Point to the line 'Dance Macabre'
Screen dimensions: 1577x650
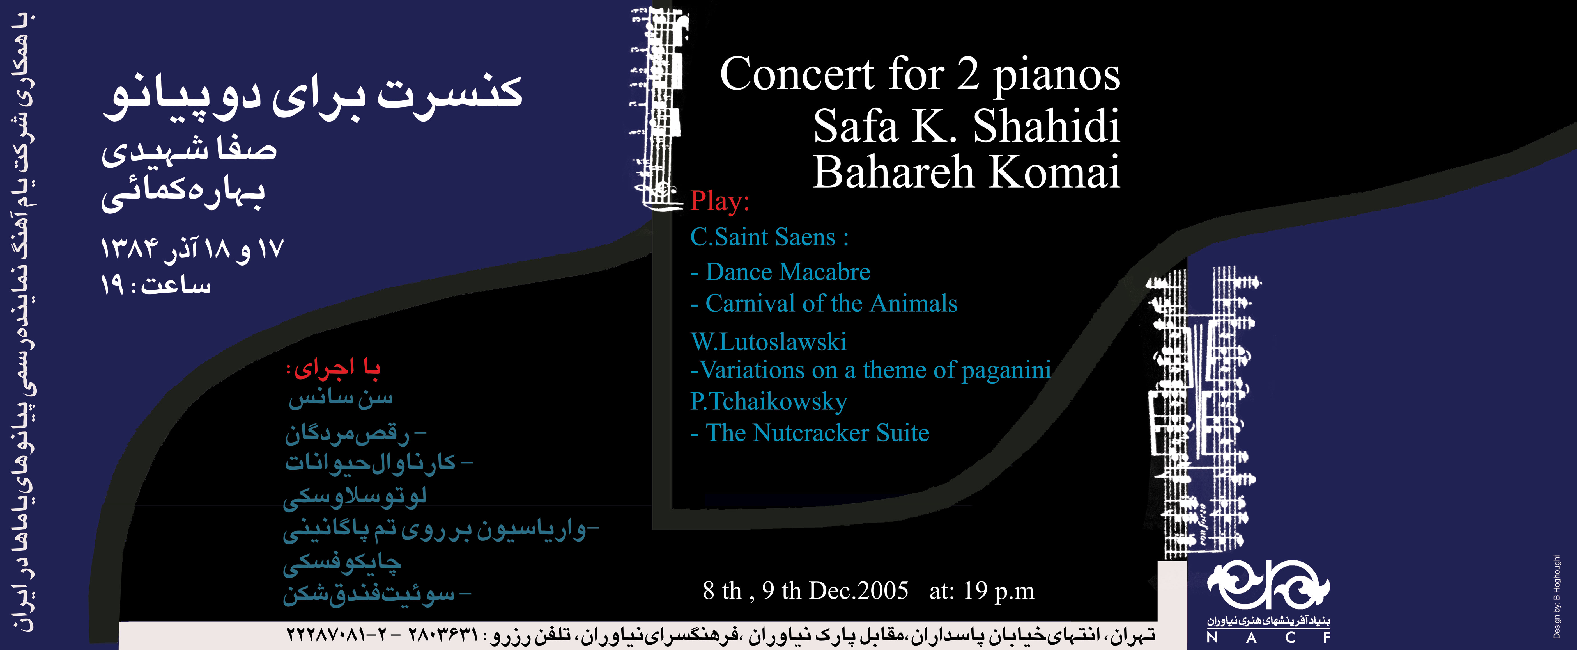tap(781, 272)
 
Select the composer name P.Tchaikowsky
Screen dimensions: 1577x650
tap(769, 402)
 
